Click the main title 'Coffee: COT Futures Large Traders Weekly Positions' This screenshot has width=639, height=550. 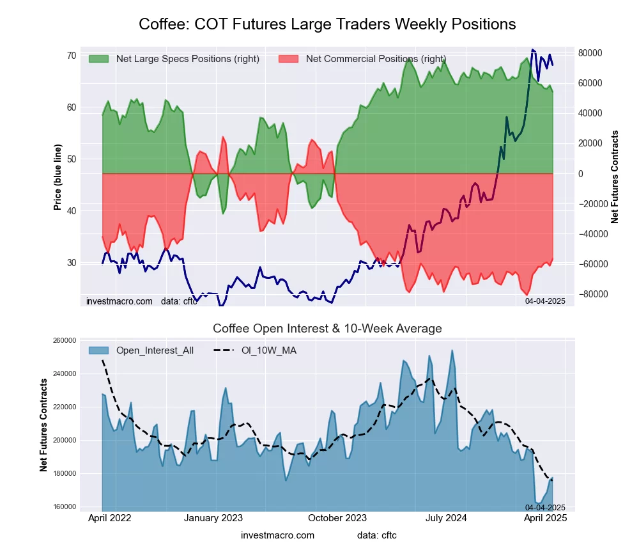click(327, 24)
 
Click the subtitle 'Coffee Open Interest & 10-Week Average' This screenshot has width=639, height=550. click(327, 329)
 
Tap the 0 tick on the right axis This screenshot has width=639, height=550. click(582, 174)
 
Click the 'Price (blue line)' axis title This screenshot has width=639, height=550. click(58, 177)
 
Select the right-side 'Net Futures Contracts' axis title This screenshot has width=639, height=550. click(615, 177)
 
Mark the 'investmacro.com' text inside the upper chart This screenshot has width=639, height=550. click(119, 301)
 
